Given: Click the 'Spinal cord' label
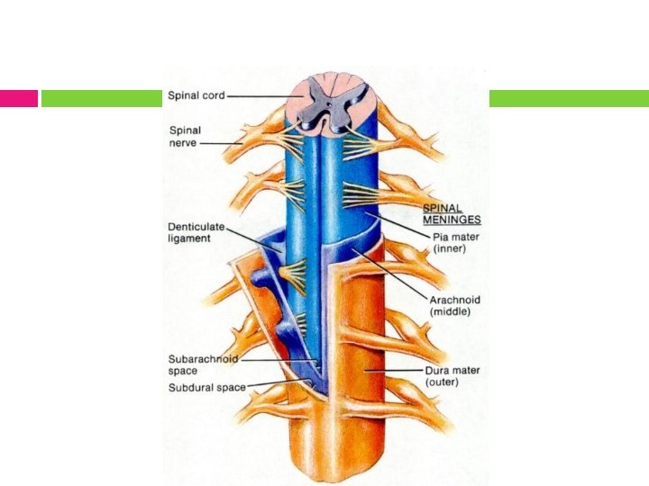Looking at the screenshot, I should (196, 95).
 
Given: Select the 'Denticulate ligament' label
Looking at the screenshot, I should (196, 231).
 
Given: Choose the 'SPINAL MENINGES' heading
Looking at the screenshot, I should (452, 212).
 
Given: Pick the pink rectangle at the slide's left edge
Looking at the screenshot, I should (18, 98).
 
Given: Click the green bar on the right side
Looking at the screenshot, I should (569, 98).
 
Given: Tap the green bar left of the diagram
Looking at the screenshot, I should (101, 98).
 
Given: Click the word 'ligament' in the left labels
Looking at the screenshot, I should (190, 238).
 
